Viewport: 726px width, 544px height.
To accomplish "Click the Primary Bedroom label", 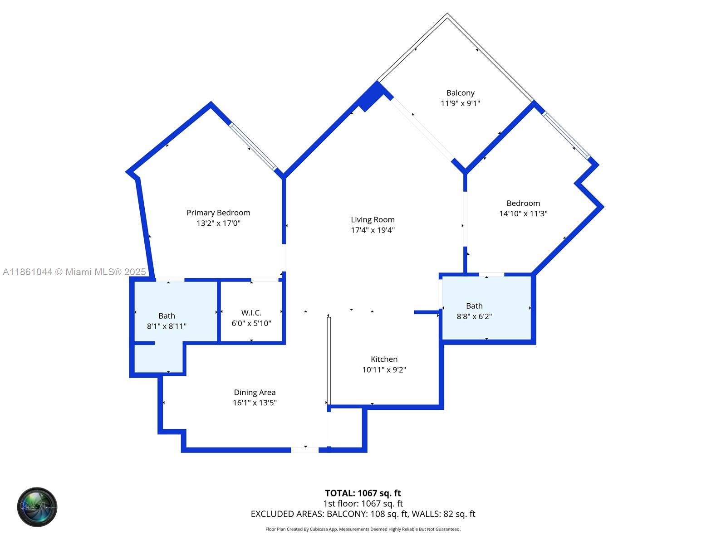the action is pyautogui.click(x=218, y=213).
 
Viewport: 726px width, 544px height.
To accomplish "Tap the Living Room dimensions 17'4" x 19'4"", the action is pyautogui.click(x=373, y=230).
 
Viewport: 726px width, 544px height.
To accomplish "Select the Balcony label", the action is pyautogui.click(x=461, y=93).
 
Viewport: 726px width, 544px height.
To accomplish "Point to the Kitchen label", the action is pyautogui.click(x=384, y=359).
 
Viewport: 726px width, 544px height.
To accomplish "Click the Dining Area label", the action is pyautogui.click(x=255, y=393).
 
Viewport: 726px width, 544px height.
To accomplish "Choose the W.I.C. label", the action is pyautogui.click(x=251, y=313).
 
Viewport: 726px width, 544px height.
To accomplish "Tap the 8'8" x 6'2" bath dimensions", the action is pyautogui.click(x=474, y=316).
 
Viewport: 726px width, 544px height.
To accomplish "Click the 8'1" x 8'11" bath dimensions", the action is pyautogui.click(x=167, y=326).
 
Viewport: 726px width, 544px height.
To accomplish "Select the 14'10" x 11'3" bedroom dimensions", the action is pyautogui.click(x=523, y=214).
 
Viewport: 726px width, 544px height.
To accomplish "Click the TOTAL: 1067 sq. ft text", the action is pyautogui.click(x=363, y=493).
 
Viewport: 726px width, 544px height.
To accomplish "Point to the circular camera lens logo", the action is pyautogui.click(x=37, y=507).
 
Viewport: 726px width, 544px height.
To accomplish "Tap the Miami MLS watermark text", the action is pyautogui.click(x=74, y=272).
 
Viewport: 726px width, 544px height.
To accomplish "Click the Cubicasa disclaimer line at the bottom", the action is pyautogui.click(x=363, y=529).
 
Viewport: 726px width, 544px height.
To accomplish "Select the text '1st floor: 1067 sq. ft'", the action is pyautogui.click(x=363, y=503).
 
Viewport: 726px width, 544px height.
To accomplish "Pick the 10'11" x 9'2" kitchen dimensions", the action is pyautogui.click(x=384, y=369).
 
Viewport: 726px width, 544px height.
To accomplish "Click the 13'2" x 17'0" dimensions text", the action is pyautogui.click(x=218, y=223).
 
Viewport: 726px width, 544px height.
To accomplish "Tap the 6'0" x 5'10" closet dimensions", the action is pyautogui.click(x=251, y=323).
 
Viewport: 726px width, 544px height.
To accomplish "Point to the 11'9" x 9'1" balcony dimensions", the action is pyautogui.click(x=461, y=103).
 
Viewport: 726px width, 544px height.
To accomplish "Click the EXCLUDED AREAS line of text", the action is pyautogui.click(x=363, y=514).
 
